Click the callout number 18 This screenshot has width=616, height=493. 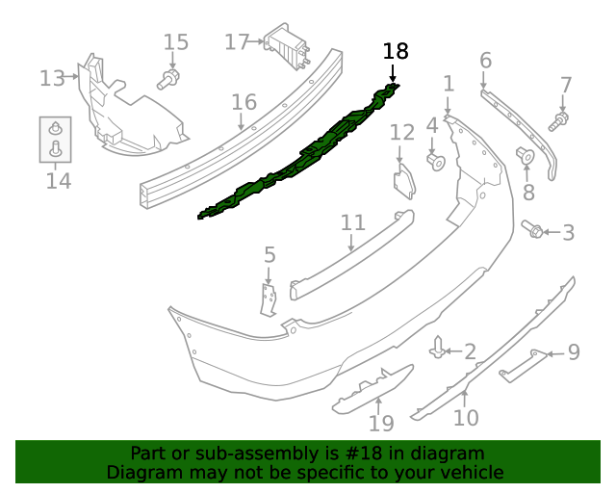[395, 51]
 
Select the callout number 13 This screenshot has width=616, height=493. [52, 78]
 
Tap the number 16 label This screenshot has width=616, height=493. [244, 102]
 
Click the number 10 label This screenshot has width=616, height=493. [465, 418]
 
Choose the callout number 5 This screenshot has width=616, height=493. [269, 255]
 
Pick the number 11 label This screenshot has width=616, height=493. [353, 222]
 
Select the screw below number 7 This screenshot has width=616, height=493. [559, 120]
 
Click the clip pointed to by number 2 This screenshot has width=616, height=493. [439, 347]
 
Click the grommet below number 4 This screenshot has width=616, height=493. [434, 158]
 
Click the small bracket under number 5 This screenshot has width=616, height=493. [269, 298]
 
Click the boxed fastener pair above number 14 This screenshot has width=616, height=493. [55, 139]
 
